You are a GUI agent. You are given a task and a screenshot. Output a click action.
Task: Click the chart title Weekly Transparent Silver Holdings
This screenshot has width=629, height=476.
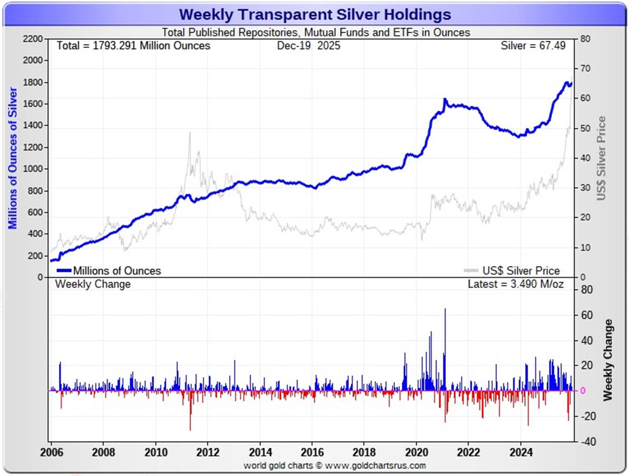(315, 14)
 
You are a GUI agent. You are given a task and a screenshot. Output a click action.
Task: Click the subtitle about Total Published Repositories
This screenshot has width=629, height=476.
(316, 32)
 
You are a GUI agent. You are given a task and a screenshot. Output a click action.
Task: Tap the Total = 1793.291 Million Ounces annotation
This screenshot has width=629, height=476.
(133, 46)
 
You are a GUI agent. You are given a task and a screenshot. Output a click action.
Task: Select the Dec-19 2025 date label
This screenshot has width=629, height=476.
(308, 46)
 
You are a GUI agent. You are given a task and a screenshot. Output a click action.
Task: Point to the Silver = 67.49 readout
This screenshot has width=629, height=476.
(533, 46)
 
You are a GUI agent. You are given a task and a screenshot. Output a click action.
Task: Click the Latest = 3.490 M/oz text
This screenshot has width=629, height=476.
(515, 284)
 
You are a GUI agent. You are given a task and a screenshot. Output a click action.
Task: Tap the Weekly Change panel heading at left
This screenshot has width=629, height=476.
(93, 284)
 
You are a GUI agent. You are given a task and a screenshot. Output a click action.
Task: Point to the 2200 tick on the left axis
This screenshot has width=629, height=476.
(33, 39)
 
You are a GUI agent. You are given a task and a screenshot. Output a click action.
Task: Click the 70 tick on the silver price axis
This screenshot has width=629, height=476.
(585, 69)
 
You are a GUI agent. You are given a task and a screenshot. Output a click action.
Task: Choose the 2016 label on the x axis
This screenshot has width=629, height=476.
(312, 452)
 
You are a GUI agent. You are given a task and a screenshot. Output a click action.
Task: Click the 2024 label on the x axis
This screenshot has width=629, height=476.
(521, 452)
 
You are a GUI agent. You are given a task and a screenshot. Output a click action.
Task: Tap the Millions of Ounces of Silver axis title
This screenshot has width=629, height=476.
(13, 158)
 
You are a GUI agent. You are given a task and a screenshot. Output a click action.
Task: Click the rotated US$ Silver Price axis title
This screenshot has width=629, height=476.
(601, 158)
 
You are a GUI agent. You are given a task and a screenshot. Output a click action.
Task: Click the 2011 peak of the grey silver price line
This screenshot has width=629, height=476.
(190, 133)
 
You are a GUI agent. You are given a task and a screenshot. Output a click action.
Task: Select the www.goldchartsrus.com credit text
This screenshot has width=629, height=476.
(335, 466)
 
